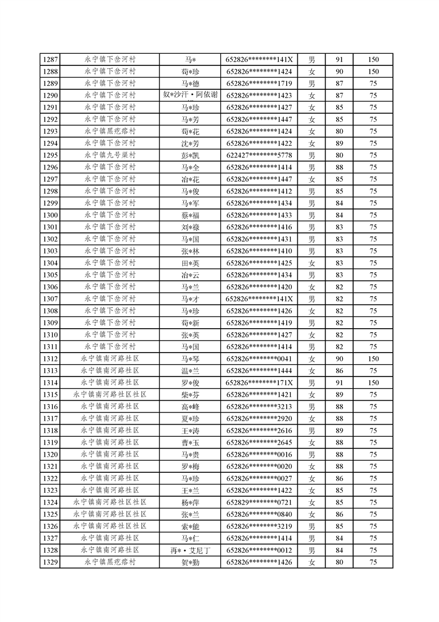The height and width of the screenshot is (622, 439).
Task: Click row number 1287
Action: (50, 60)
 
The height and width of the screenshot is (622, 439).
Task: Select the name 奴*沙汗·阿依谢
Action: (190, 95)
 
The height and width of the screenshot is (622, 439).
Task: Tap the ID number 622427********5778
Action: (259, 155)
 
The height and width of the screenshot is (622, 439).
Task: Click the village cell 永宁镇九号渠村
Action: (110, 155)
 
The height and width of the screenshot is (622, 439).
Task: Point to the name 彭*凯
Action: (190, 155)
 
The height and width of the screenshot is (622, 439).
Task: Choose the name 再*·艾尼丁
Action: (190, 550)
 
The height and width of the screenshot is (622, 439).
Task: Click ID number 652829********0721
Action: (259, 502)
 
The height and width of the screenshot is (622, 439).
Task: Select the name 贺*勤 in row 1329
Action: (190, 562)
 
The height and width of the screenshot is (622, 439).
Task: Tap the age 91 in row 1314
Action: (339, 383)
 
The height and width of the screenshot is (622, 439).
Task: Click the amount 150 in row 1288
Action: (373, 72)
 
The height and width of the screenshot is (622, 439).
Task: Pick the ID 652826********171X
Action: (259, 383)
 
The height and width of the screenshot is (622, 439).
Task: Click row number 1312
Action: (50, 359)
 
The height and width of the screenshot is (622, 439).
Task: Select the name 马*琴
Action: (190, 359)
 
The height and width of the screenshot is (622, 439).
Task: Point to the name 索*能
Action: (190, 526)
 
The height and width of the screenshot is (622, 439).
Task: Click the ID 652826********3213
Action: (259, 406)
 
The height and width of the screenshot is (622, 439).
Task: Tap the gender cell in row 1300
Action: (312, 215)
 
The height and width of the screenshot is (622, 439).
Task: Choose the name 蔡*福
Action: (190, 215)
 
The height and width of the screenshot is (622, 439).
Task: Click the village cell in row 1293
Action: (110, 131)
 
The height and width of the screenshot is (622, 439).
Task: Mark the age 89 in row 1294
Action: (339, 143)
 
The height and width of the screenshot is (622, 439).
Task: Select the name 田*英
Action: (190, 263)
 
